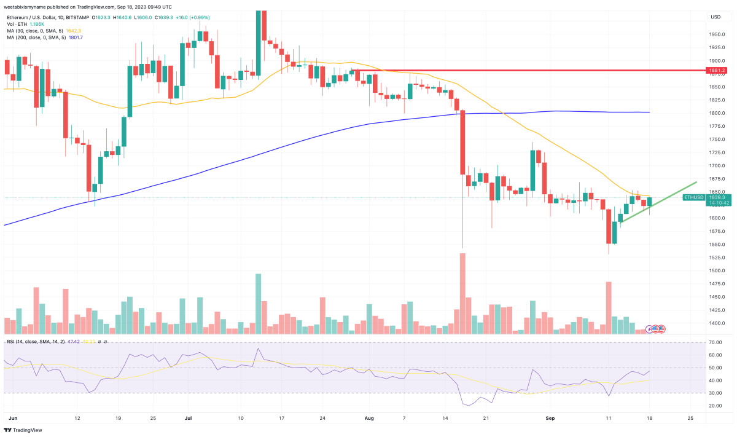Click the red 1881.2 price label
click(716, 70)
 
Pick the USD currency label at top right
click(716, 17)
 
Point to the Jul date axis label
click(189, 417)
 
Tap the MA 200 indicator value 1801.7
click(73, 37)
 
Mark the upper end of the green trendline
click(696, 182)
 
